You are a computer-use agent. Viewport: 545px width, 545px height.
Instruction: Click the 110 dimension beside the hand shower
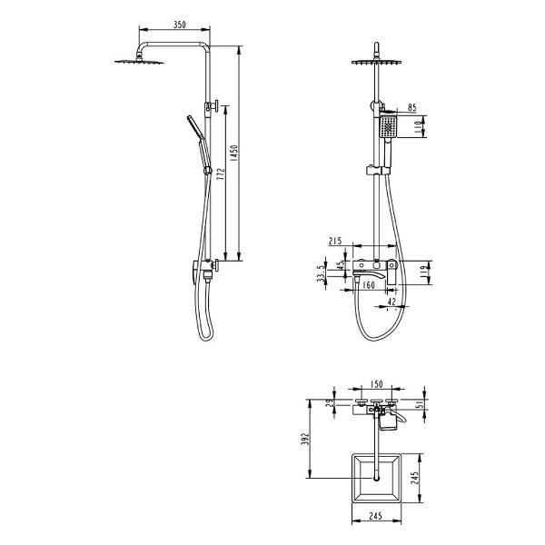click(419, 128)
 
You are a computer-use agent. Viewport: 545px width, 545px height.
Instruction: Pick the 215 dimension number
click(333, 242)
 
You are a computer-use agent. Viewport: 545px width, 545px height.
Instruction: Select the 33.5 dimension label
click(321, 273)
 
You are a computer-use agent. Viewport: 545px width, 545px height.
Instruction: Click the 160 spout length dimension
click(369, 284)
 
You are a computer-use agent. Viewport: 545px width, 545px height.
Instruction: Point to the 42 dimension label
click(391, 300)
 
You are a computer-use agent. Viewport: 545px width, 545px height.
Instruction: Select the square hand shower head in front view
click(387, 127)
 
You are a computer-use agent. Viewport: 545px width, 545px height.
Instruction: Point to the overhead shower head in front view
click(374, 63)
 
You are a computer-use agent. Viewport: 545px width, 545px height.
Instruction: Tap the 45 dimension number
click(341, 267)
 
